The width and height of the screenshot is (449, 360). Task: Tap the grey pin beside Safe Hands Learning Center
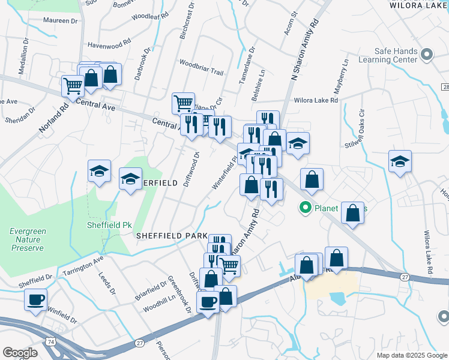pyautogui.click(x=427, y=55)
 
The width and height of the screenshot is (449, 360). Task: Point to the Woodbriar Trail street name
pyautogui.click(x=201, y=67)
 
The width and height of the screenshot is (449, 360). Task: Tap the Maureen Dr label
pyautogui.click(x=61, y=20)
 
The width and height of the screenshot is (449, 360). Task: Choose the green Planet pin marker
pyautogui.click(x=305, y=208)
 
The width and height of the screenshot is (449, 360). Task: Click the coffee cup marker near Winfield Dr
pyautogui.click(x=35, y=299)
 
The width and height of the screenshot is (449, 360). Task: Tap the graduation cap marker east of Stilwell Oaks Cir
pyautogui.click(x=400, y=161)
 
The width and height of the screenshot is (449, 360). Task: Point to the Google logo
pyautogui.click(x=20, y=353)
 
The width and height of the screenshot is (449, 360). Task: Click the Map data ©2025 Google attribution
pyautogui.click(x=411, y=355)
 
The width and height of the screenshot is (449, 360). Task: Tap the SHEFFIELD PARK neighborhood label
pyautogui.click(x=172, y=236)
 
